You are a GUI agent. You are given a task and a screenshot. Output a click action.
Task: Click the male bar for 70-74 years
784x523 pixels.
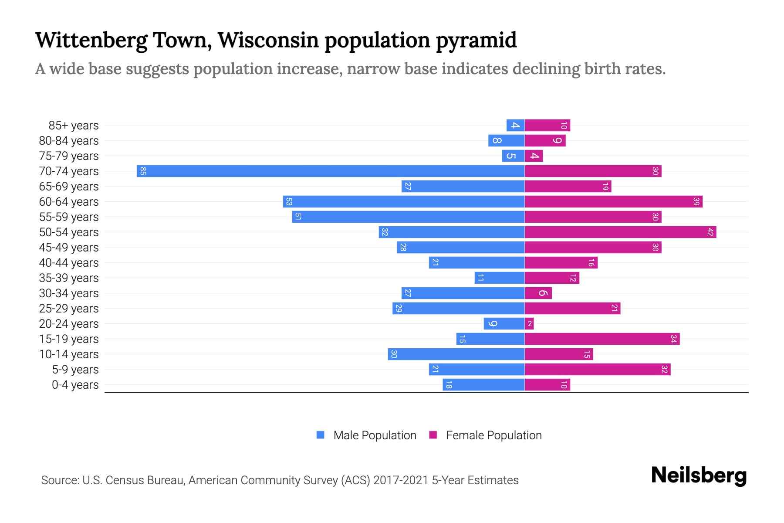(x=331, y=171)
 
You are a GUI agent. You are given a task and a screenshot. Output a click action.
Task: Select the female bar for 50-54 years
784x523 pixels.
(x=620, y=232)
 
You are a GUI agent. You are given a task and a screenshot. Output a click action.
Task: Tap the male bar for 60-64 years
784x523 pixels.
(x=404, y=202)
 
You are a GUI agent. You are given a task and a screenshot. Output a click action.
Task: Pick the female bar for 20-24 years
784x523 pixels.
(x=529, y=324)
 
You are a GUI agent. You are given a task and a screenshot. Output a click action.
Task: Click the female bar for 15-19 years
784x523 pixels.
(x=602, y=339)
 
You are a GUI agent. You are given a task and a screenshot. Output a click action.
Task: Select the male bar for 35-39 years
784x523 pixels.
(x=500, y=278)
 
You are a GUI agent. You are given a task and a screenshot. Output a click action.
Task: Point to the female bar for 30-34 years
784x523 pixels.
(x=538, y=293)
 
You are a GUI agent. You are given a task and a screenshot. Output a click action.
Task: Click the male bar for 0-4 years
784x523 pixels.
(x=483, y=385)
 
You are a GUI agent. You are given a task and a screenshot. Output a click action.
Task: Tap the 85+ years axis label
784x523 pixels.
(x=74, y=126)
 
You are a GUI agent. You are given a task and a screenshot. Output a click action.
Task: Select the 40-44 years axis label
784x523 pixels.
(x=69, y=263)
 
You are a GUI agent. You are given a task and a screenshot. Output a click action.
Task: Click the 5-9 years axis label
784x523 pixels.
(x=75, y=370)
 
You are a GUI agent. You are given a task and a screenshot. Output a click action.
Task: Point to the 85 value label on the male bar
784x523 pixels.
(x=143, y=171)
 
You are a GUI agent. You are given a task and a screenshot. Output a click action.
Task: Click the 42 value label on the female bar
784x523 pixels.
(x=710, y=232)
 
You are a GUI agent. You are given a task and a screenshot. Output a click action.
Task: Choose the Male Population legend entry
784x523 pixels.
(x=375, y=435)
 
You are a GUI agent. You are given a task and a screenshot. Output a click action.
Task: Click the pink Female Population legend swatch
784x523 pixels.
(x=433, y=435)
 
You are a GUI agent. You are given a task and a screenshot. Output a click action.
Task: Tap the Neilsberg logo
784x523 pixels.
(x=699, y=475)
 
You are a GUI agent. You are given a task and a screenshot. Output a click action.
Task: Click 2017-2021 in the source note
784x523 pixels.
(x=401, y=480)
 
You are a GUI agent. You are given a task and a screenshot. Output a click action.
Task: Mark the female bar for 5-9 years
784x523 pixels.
(x=598, y=370)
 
